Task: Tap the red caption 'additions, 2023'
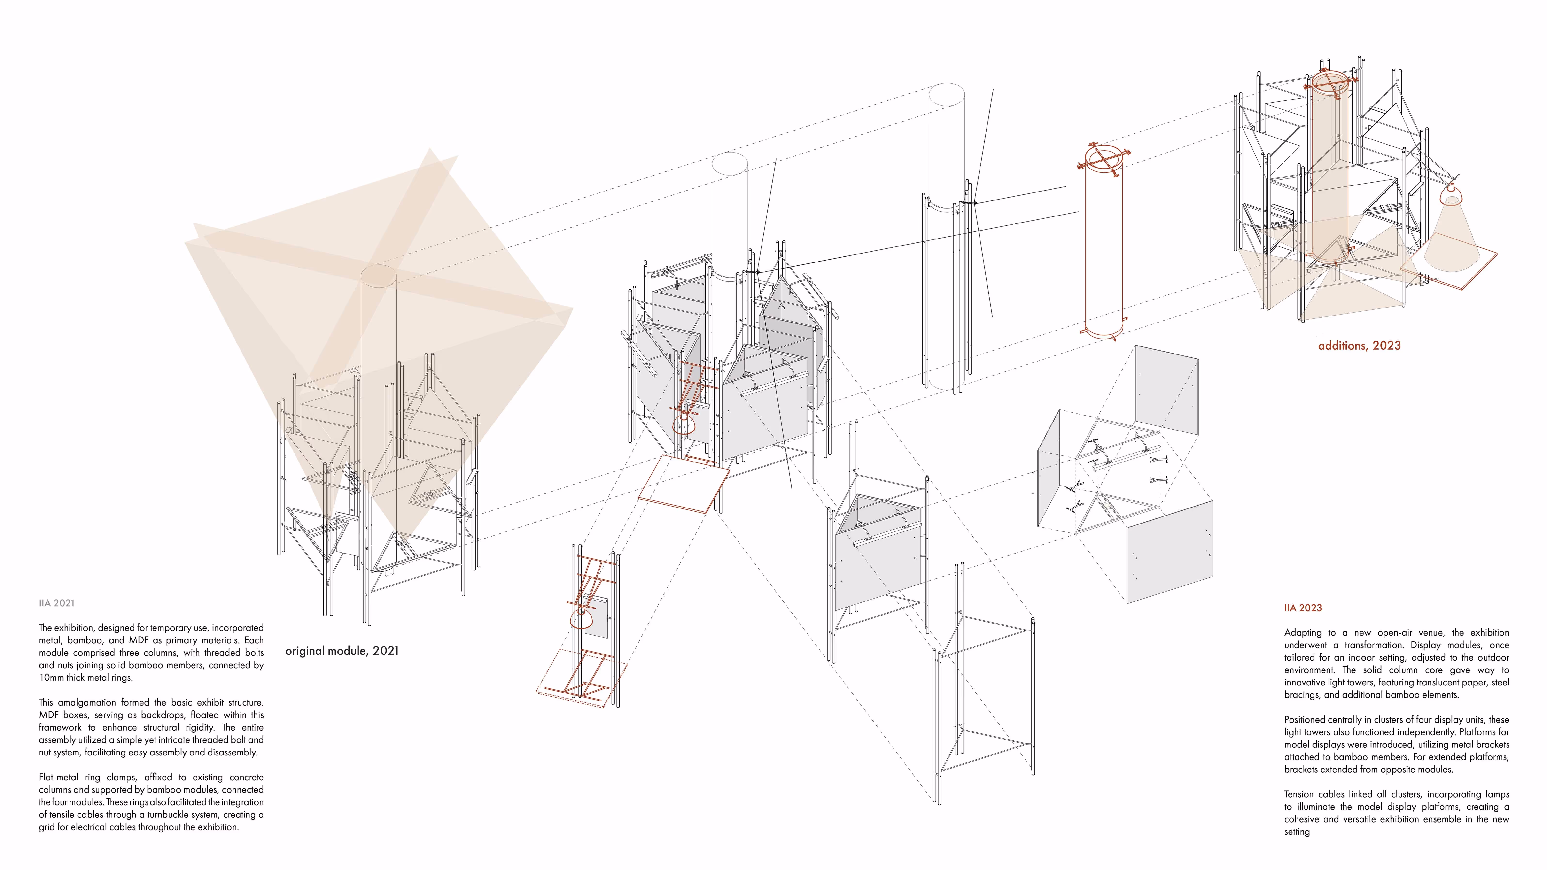tap(1359, 346)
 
